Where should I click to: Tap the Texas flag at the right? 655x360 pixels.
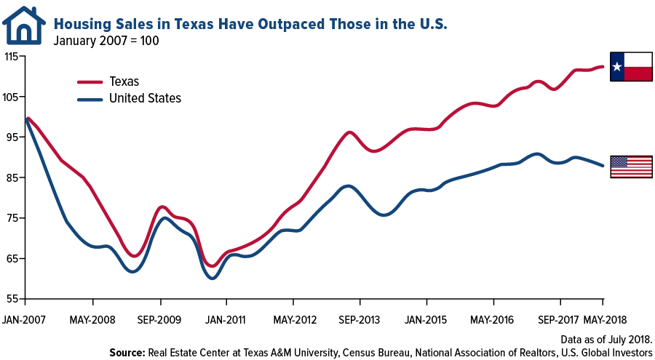pyautogui.click(x=631, y=67)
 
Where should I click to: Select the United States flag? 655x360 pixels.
pyautogui.click(x=631, y=167)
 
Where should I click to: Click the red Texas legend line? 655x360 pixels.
pyautogui.click(x=90, y=81)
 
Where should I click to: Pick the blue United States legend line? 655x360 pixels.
pyautogui.click(x=90, y=98)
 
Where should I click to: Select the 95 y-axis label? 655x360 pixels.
pyautogui.click(x=14, y=137)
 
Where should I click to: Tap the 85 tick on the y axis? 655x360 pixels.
pyautogui.click(x=14, y=177)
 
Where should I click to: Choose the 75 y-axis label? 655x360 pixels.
pyautogui.click(x=14, y=218)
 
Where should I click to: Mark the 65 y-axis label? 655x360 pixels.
pyautogui.click(x=14, y=259)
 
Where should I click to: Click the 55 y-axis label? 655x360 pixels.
pyautogui.click(x=14, y=299)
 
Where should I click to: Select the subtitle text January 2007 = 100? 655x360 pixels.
pyautogui.click(x=106, y=41)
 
